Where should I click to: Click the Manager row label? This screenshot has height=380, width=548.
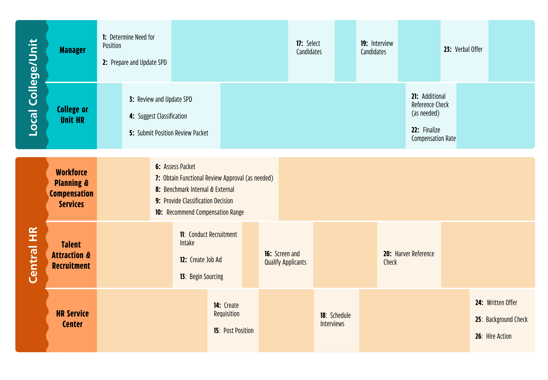[72, 50]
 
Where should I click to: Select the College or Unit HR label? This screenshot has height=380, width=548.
[72, 115]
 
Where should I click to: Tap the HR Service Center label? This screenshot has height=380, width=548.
[72, 319]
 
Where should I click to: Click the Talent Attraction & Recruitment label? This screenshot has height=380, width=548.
[71, 255]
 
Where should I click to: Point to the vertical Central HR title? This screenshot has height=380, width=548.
[33, 255]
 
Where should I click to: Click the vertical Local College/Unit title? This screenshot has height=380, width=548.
[33, 87]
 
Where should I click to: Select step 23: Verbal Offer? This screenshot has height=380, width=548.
[463, 49]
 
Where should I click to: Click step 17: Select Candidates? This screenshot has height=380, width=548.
[309, 47]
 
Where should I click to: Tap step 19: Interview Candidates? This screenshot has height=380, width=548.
[377, 47]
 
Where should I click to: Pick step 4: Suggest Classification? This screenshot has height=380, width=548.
[158, 116]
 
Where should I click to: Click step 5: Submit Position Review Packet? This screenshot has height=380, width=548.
[169, 133]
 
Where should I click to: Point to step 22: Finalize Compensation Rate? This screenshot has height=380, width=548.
[433, 134]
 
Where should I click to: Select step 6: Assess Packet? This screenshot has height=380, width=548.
[175, 167]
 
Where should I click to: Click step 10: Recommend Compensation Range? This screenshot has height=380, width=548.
[199, 212]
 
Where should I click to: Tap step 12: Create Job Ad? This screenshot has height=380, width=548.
[201, 260]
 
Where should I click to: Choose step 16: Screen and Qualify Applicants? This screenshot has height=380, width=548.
[285, 258]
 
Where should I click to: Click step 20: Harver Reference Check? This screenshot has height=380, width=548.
[409, 258]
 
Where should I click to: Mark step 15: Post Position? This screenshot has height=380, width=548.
[234, 331]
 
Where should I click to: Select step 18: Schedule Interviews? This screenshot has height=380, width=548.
[335, 319]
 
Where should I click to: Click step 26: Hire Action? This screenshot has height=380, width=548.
[493, 336]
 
